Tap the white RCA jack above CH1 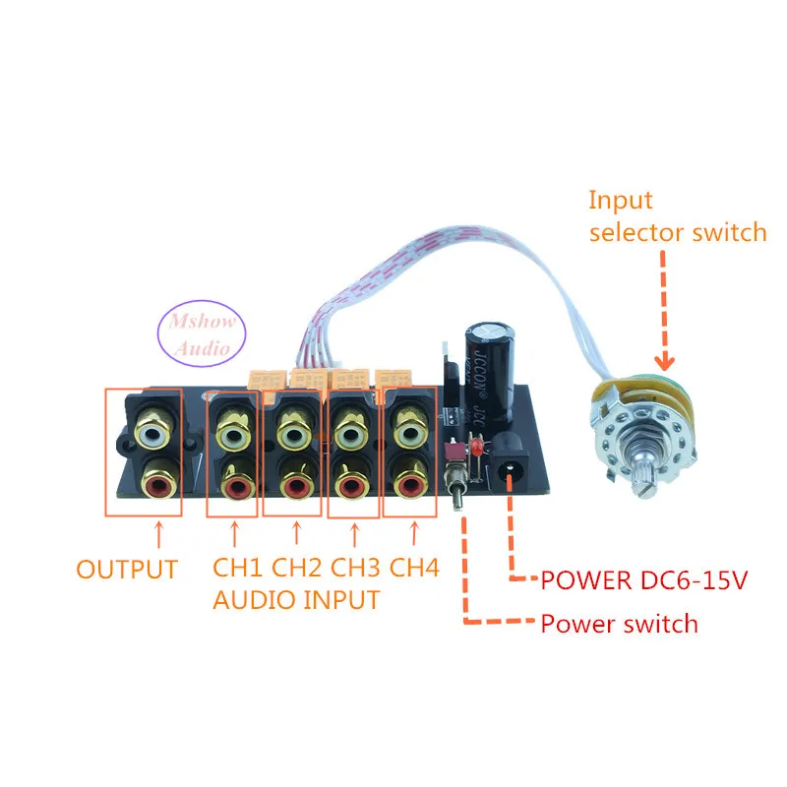[236, 431]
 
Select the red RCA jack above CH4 [410, 484]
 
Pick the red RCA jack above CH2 [293, 484]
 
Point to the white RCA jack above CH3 [352, 430]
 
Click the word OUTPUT [127, 569]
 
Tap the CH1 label [237, 569]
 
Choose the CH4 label [414, 569]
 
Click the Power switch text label [618, 623]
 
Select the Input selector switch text [677, 216]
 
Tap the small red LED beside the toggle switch [474, 449]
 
